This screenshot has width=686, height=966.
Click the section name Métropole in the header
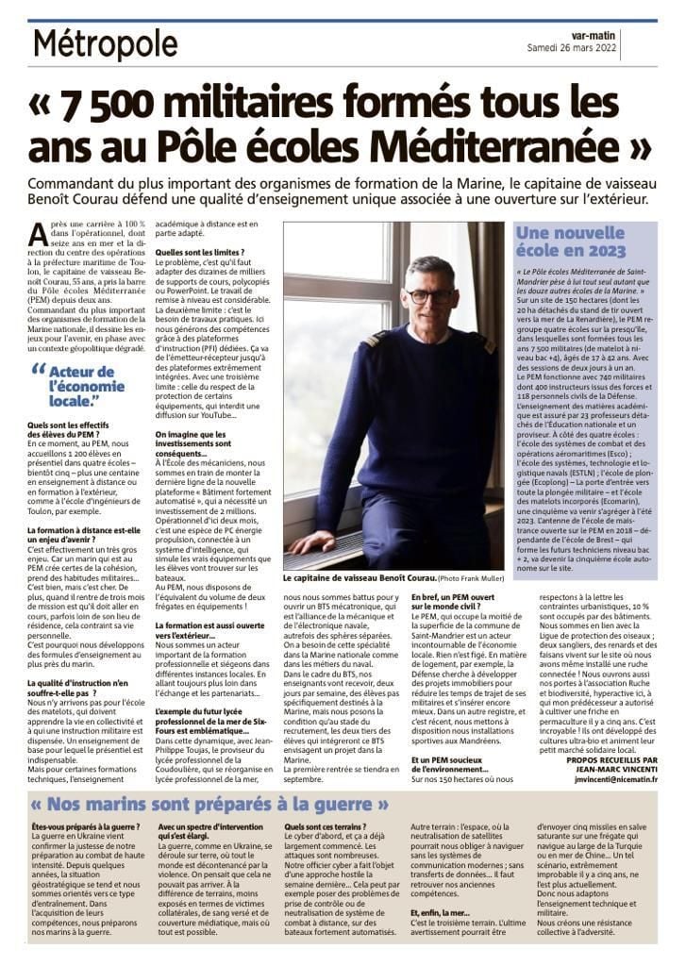(x=105, y=43)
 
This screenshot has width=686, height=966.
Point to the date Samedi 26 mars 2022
(x=614, y=48)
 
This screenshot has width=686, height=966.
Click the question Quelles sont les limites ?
(x=200, y=253)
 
